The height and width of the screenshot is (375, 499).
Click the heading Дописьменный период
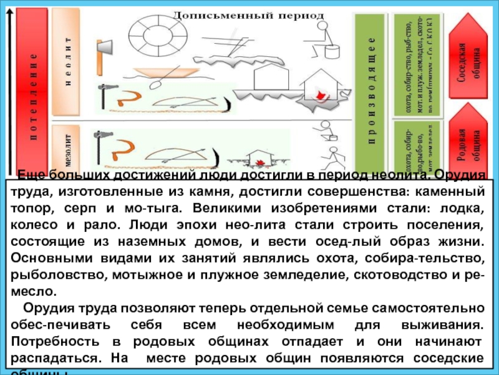pos(248,14)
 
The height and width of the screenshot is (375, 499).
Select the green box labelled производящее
pos(371,87)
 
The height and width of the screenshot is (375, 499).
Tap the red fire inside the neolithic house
pos(321,96)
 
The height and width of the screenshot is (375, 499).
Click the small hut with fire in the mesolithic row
pos(256,159)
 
